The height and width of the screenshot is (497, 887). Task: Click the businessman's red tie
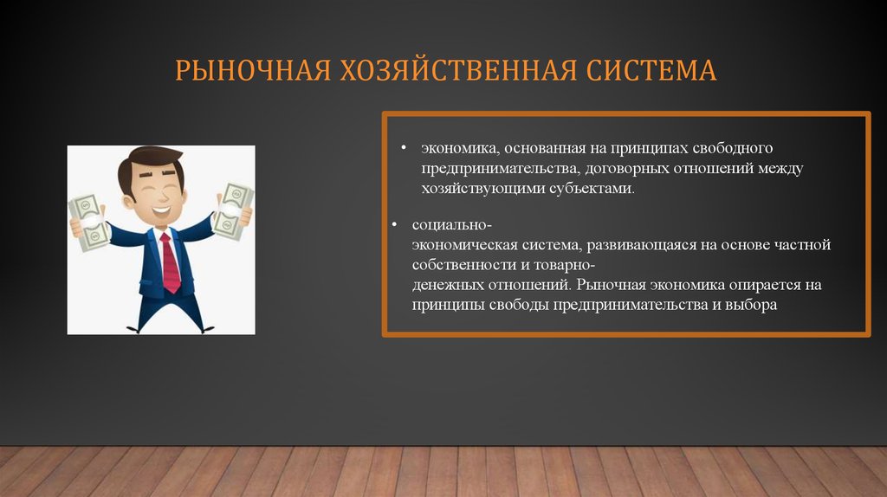click(x=170, y=263)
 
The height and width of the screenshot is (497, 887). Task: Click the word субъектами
click(x=592, y=188)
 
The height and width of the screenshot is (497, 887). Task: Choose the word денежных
click(x=447, y=284)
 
